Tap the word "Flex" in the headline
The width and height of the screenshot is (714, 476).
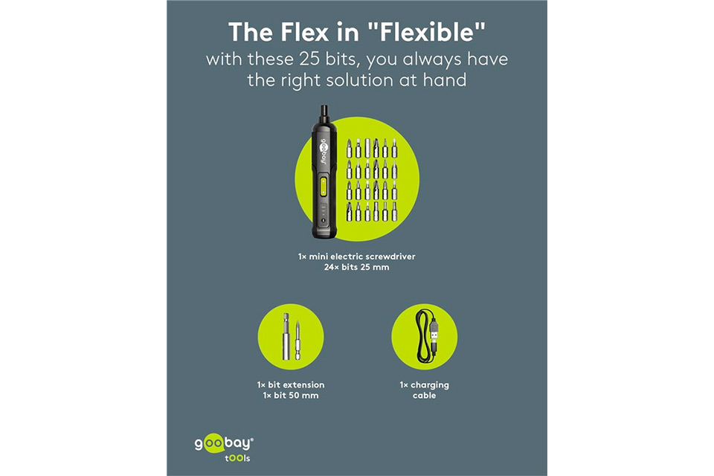[x=304, y=32]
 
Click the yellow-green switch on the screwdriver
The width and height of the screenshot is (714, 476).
[x=323, y=187]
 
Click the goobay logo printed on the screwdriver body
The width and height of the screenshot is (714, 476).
[x=321, y=149]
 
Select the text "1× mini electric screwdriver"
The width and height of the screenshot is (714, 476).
[x=356, y=257]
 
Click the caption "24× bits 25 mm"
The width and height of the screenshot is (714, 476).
[x=356, y=268]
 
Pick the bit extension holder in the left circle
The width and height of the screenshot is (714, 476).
[x=286, y=336]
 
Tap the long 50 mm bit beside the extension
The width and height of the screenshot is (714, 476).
[x=297, y=339]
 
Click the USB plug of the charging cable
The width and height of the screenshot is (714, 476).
[x=434, y=331]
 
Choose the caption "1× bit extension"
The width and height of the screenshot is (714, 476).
[x=291, y=385]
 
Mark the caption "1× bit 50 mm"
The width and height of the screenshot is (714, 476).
[x=291, y=396]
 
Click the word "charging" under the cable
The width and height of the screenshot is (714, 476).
[x=430, y=385]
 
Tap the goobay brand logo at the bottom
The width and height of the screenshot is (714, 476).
[x=224, y=443]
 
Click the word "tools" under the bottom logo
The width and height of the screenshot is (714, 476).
[x=237, y=458]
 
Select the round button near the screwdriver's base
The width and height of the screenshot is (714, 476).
[x=324, y=221]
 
